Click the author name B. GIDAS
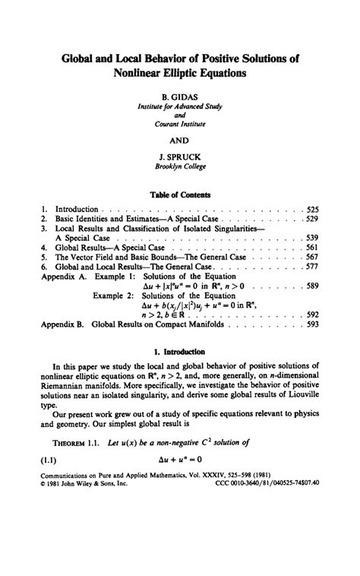pos(180,98)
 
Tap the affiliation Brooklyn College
pos(180,166)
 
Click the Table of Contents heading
pos(180,195)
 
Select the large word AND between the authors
pos(180,140)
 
